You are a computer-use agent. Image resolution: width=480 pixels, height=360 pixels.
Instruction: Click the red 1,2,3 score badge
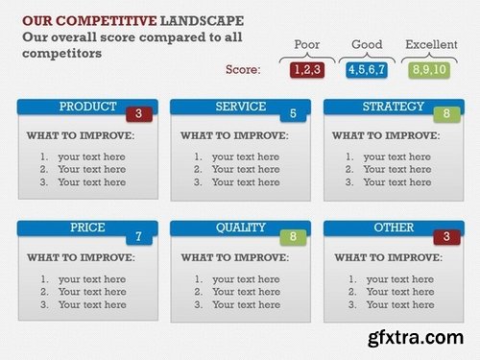click(x=307, y=69)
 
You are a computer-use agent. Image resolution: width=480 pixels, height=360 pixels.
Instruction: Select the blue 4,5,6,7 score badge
click(x=367, y=69)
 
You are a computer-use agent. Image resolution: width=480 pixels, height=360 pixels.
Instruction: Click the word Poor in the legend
click(x=306, y=44)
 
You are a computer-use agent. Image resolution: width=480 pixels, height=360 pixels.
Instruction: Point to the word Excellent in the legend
click(x=431, y=44)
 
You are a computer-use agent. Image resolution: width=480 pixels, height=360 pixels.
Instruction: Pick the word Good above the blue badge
click(x=367, y=44)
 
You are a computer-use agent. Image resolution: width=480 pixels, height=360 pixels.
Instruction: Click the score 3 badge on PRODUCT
click(x=139, y=114)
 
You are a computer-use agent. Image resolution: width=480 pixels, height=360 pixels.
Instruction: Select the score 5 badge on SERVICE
click(x=293, y=114)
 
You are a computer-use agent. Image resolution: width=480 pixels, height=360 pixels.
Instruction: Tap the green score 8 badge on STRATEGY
click(x=446, y=114)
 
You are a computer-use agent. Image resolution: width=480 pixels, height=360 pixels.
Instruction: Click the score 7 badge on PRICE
click(x=139, y=236)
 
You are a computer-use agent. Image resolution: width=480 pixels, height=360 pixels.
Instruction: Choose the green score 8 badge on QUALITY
click(x=293, y=236)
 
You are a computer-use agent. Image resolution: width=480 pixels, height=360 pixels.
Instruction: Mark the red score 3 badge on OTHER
click(x=446, y=236)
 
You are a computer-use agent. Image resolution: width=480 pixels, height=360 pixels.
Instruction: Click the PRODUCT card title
click(x=87, y=107)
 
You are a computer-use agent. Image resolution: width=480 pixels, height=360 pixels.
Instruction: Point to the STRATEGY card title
click(x=393, y=107)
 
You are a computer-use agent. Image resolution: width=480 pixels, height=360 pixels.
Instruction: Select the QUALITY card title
click(x=240, y=228)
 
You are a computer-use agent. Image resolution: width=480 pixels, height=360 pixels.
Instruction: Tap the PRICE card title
click(x=87, y=228)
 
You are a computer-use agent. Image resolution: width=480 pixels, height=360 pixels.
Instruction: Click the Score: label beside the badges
click(x=243, y=69)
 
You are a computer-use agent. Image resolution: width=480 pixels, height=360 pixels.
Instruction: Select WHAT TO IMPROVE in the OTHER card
click(x=386, y=257)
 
